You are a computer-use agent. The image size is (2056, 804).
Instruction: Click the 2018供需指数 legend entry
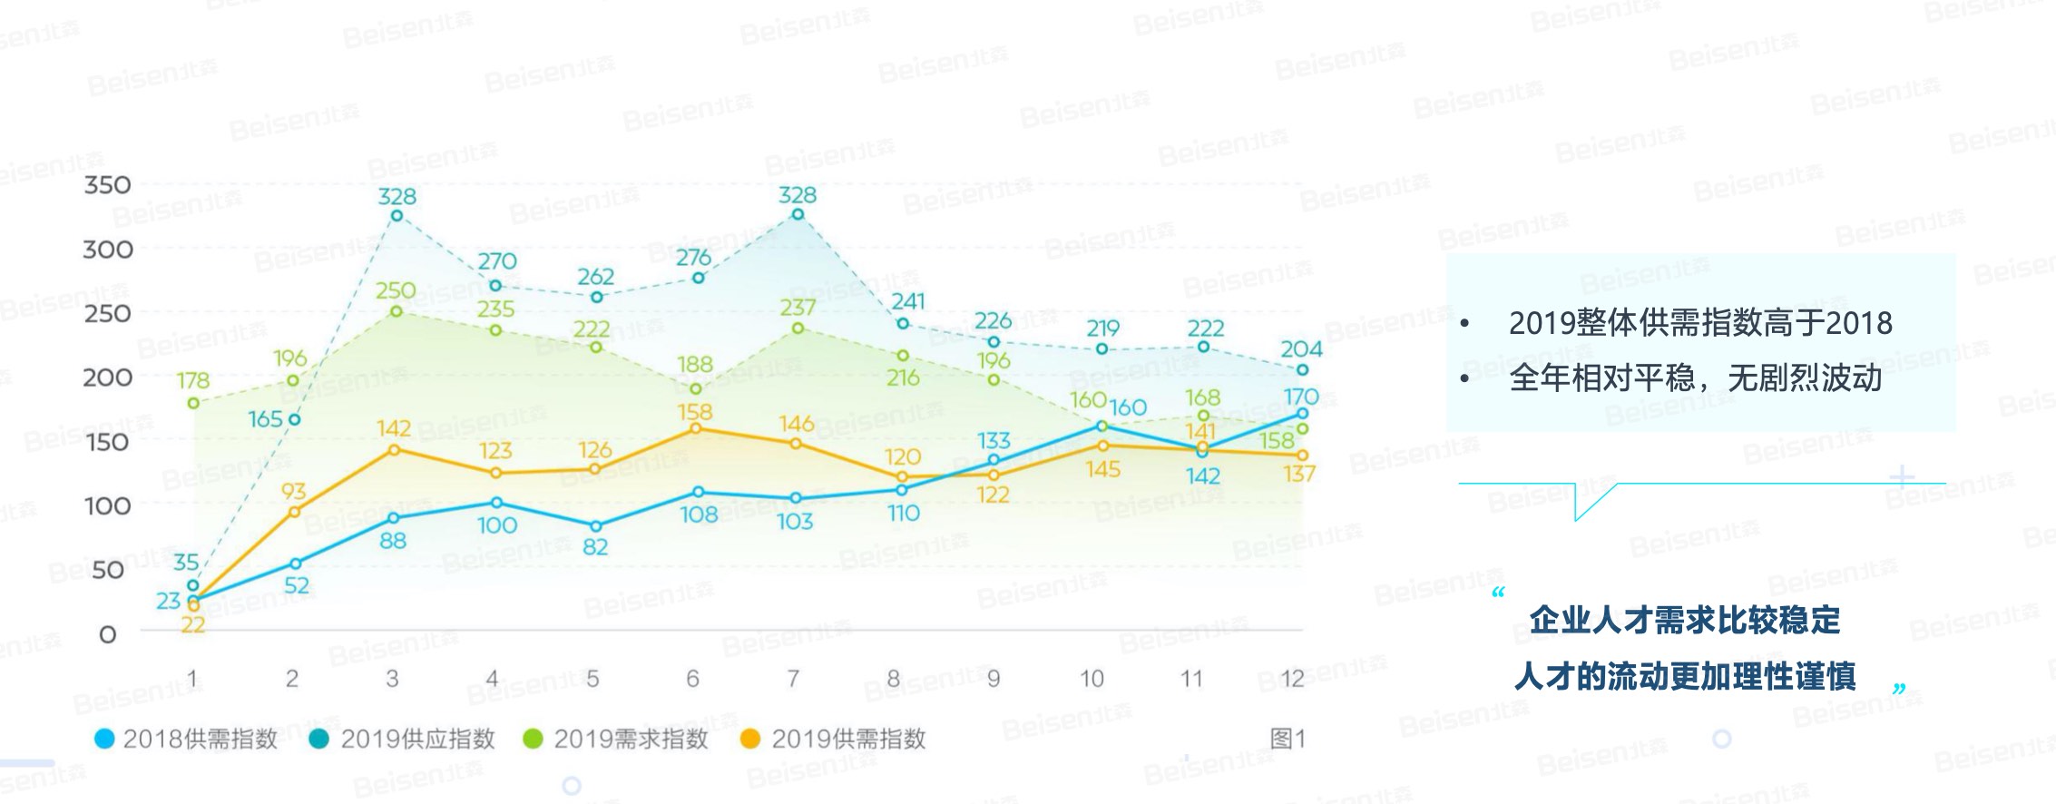186,740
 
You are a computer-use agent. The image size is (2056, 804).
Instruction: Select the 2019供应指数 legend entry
404,740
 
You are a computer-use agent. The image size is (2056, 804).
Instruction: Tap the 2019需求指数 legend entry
617,740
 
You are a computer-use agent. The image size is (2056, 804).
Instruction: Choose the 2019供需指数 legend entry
835,740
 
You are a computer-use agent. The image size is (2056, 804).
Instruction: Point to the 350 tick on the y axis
108,185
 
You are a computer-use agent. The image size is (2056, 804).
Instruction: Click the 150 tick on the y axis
108,442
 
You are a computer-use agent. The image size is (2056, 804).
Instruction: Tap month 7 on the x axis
793,679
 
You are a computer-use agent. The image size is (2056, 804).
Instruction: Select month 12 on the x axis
1292,679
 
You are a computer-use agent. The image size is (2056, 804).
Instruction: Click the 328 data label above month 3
397,196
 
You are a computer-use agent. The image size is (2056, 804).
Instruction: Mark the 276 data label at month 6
695,258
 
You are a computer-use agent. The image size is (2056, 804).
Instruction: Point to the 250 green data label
397,291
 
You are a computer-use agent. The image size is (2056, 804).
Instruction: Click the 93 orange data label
293,492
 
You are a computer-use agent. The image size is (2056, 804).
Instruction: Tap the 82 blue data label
595,547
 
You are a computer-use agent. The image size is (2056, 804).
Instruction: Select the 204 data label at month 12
1301,349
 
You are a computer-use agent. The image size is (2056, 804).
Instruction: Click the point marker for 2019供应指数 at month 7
798,215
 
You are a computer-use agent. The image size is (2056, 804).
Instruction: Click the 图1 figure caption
1287,739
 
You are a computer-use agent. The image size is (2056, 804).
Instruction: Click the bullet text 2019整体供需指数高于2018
1699,324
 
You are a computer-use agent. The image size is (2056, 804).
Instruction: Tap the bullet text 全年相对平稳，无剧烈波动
1695,378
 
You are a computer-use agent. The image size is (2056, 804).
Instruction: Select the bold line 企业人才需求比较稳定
1684,621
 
